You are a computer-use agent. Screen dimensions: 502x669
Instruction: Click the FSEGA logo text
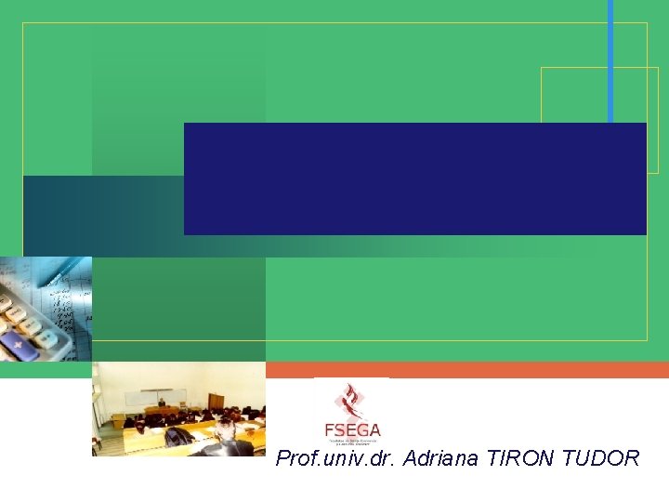click(x=352, y=430)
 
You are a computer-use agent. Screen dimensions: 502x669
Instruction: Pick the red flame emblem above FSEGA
click(x=351, y=402)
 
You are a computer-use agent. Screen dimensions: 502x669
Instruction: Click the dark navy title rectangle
click(x=414, y=178)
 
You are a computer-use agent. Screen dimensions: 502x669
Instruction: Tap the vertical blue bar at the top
click(x=610, y=61)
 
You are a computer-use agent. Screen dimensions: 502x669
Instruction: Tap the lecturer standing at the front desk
click(x=162, y=404)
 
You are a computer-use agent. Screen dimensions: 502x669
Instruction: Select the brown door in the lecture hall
click(x=216, y=402)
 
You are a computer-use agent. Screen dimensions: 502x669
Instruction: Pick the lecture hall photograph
click(x=178, y=409)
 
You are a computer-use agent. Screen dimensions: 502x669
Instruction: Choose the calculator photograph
click(x=46, y=309)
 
